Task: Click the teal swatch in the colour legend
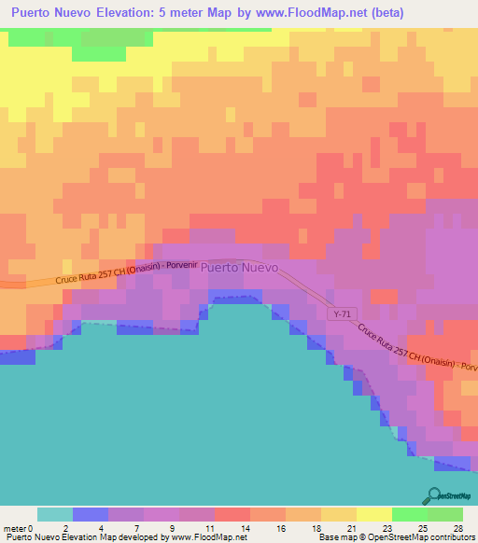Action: pyautogui.click(x=54, y=514)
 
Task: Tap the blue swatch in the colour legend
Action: pyautogui.click(x=90, y=514)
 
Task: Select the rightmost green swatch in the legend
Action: pyautogui.click(x=444, y=514)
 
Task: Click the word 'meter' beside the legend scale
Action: pyautogui.click(x=14, y=528)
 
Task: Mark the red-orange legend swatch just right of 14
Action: pyautogui.click(x=232, y=514)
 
